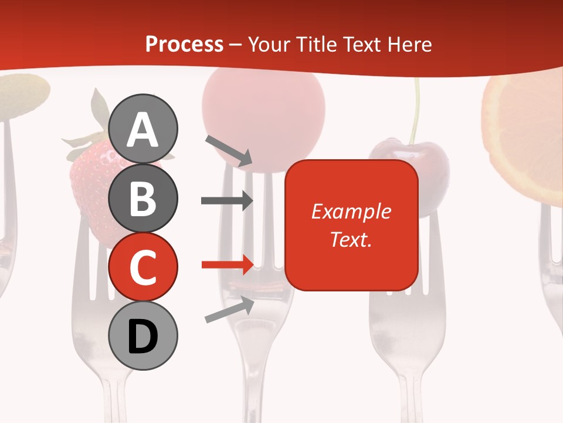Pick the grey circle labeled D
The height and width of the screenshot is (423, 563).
point(143,335)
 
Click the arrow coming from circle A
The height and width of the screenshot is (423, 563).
point(229,150)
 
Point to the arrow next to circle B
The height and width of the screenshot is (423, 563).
point(227,200)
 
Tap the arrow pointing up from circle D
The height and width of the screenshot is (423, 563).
point(229,310)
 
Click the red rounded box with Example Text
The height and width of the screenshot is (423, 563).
point(351,226)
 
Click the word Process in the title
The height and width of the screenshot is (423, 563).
point(184,44)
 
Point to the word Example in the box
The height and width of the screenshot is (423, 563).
point(351,211)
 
